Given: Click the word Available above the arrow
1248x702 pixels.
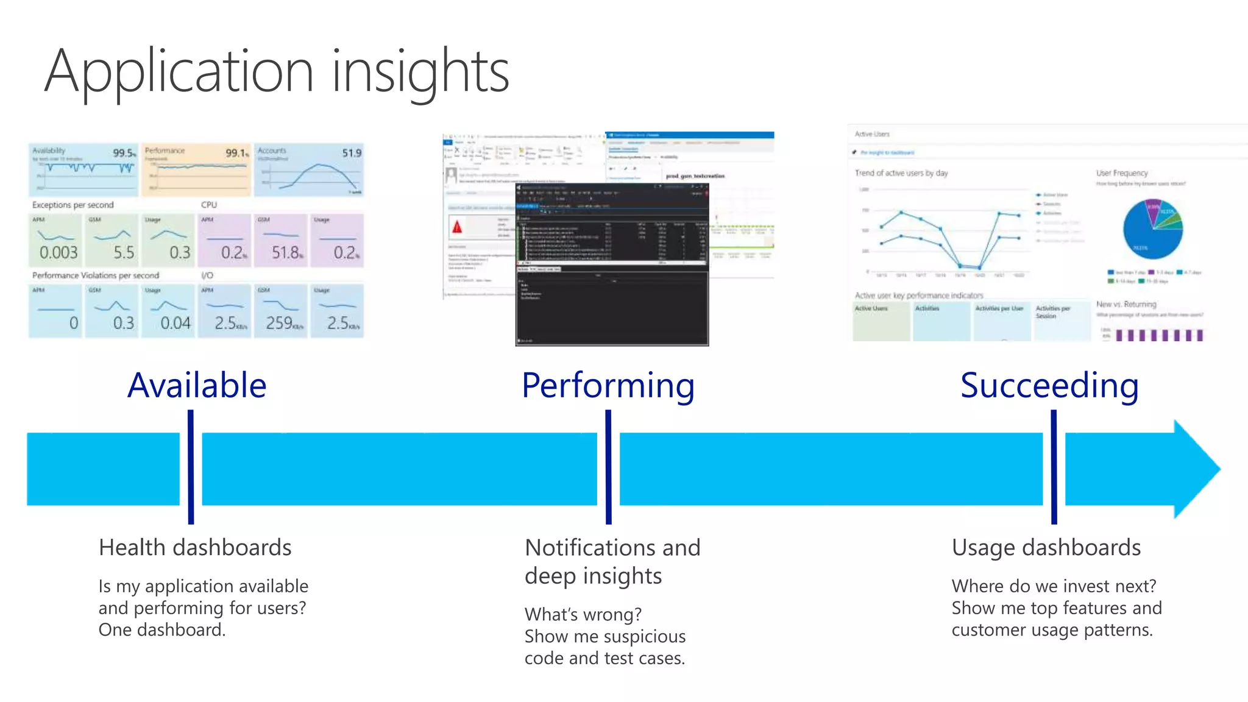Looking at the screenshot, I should pos(197,385).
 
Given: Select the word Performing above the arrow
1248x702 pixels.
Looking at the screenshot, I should pos(608,385).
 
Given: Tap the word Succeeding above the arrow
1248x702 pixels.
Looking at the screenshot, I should pos(1049,385).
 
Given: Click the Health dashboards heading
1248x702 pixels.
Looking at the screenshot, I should pos(195,547).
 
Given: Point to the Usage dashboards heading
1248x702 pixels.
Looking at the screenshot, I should pos(1046,547).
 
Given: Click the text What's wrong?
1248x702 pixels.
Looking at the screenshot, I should pos(583,614).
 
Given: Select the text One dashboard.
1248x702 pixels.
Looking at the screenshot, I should pos(162,629).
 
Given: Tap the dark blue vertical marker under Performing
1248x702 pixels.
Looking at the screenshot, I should pos(608,467).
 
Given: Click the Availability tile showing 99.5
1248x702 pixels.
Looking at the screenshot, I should pos(83,169).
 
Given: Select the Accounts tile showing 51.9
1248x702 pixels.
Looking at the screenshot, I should pos(309,169).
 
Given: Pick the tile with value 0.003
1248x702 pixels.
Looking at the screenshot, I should pos(55,241).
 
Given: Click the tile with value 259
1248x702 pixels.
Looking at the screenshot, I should pos(281,311).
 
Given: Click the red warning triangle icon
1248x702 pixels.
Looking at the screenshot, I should pos(457,227).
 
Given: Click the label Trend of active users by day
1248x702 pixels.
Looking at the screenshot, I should pos(901,173).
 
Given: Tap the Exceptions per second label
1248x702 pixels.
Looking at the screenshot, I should pos(73,205).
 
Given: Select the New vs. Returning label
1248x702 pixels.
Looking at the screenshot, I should pos(1126,304).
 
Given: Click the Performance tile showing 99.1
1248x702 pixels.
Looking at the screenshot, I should pos(196,169).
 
